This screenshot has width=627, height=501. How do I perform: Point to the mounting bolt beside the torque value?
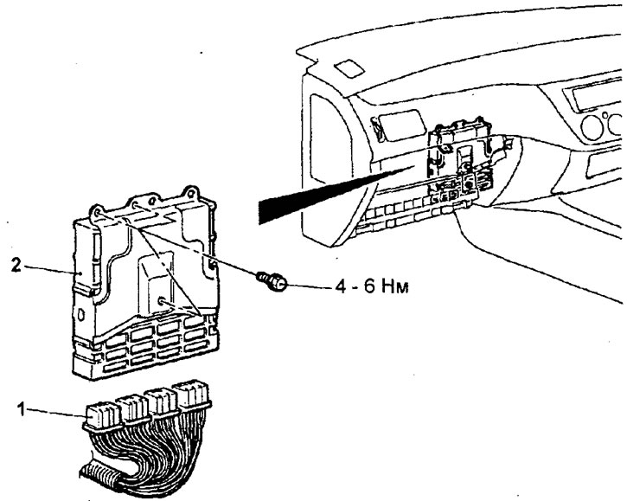(x=272, y=279)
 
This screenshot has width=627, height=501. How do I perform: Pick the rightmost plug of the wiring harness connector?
(x=191, y=395)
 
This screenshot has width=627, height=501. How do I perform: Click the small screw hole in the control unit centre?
(x=162, y=299)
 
